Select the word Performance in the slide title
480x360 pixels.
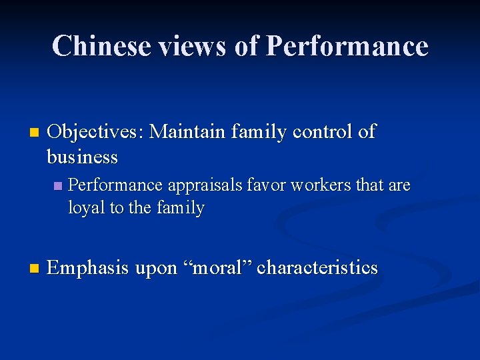pyautogui.click(x=347, y=46)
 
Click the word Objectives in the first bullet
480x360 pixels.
pyautogui.click(x=95, y=132)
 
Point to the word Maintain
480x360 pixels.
pyautogui.click(x=187, y=132)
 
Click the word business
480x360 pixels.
pyautogui.click(x=82, y=157)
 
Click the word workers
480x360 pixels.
pyautogui.click(x=312, y=185)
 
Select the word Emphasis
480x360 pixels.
pyautogui.click(x=88, y=269)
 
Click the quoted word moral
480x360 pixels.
pyautogui.click(x=217, y=268)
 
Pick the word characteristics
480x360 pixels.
pyautogui.click(x=317, y=268)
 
